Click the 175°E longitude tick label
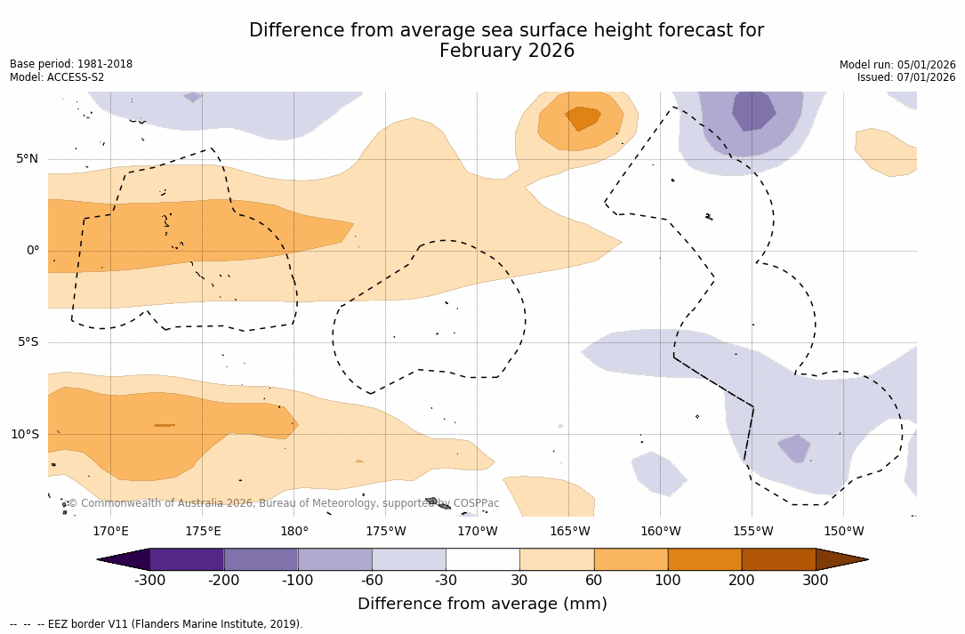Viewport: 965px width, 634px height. coord(203,532)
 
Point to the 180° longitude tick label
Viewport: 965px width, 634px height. coord(294,532)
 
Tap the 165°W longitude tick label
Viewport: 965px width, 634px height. coord(569,532)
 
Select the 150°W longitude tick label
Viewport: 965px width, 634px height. coord(844,532)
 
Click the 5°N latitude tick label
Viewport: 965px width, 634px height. coord(27,159)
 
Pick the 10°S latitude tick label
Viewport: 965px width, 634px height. coord(24,435)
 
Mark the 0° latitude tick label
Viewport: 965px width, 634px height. coord(33,251)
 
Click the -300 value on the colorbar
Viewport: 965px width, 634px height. coord(150,581)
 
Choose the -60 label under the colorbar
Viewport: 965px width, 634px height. coord(372,581)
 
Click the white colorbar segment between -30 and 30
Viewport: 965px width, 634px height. coord(483,559)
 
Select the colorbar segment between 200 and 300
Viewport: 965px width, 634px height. coord(778,559)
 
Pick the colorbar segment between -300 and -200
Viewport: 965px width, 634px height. coord(187,559)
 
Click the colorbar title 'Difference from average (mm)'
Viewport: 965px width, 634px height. coord(482,605)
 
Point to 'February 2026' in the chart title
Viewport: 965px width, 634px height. coord(507,52)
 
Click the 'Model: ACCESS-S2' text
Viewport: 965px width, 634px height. coord(57,77)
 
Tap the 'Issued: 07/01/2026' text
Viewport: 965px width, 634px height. coord(906,77)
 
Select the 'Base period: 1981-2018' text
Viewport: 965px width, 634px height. coord(71,64)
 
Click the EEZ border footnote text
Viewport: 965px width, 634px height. coord(157,624)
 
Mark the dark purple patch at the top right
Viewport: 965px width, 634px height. coord(753,109)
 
